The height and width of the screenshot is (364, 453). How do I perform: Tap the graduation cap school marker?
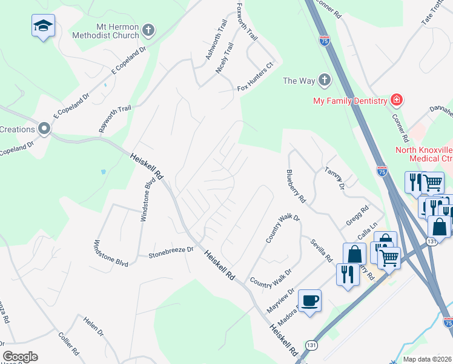[x=43, y=25]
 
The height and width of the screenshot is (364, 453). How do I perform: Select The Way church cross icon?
[x=325, y=80]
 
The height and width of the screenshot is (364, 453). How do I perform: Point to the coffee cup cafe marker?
[x=309, y=300]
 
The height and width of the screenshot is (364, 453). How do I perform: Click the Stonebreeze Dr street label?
[x=171, y=252]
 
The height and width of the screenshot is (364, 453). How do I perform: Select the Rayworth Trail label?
[x=115, y=120]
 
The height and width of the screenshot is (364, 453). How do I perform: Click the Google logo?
[x=20, y=357]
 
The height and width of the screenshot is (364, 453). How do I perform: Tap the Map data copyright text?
[x=427, y=359]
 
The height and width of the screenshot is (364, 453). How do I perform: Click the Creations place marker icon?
[x=44, y=129]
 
